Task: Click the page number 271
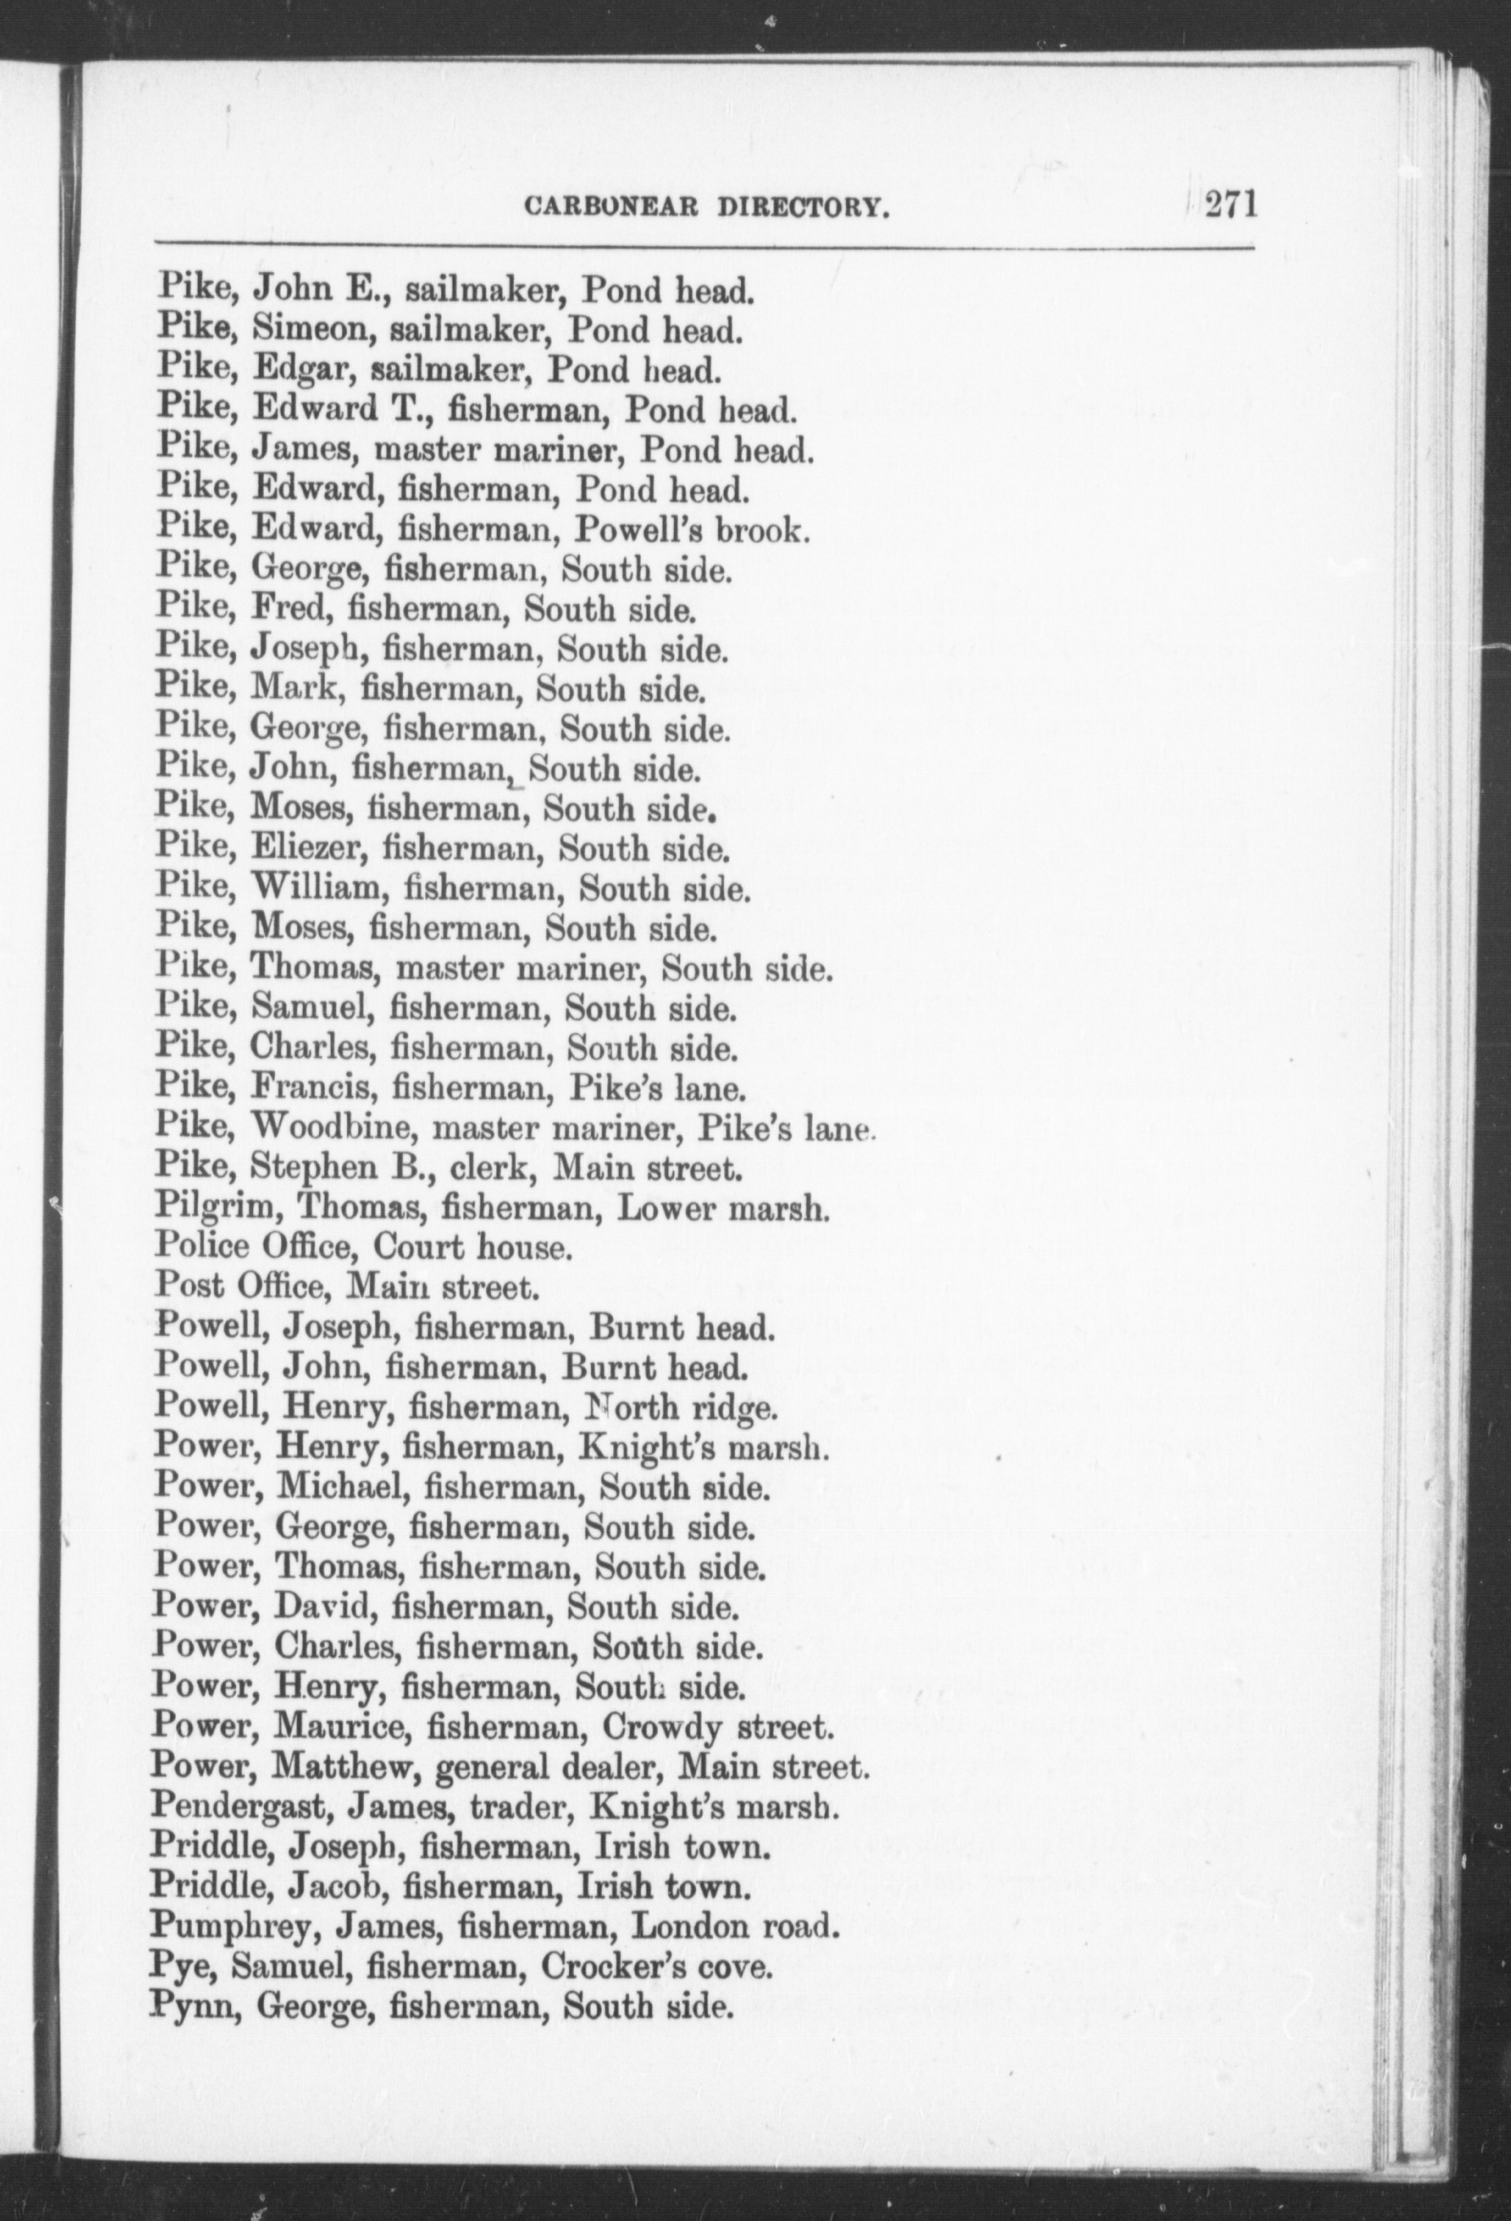tap(1230, 205)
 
